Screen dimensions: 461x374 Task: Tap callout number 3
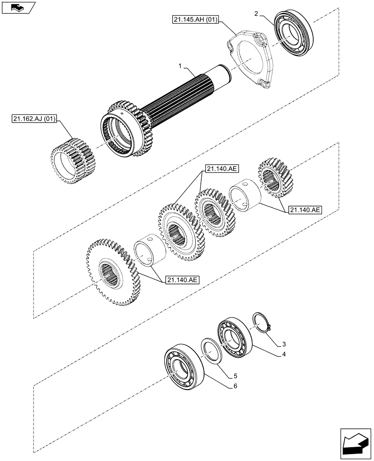284,344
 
